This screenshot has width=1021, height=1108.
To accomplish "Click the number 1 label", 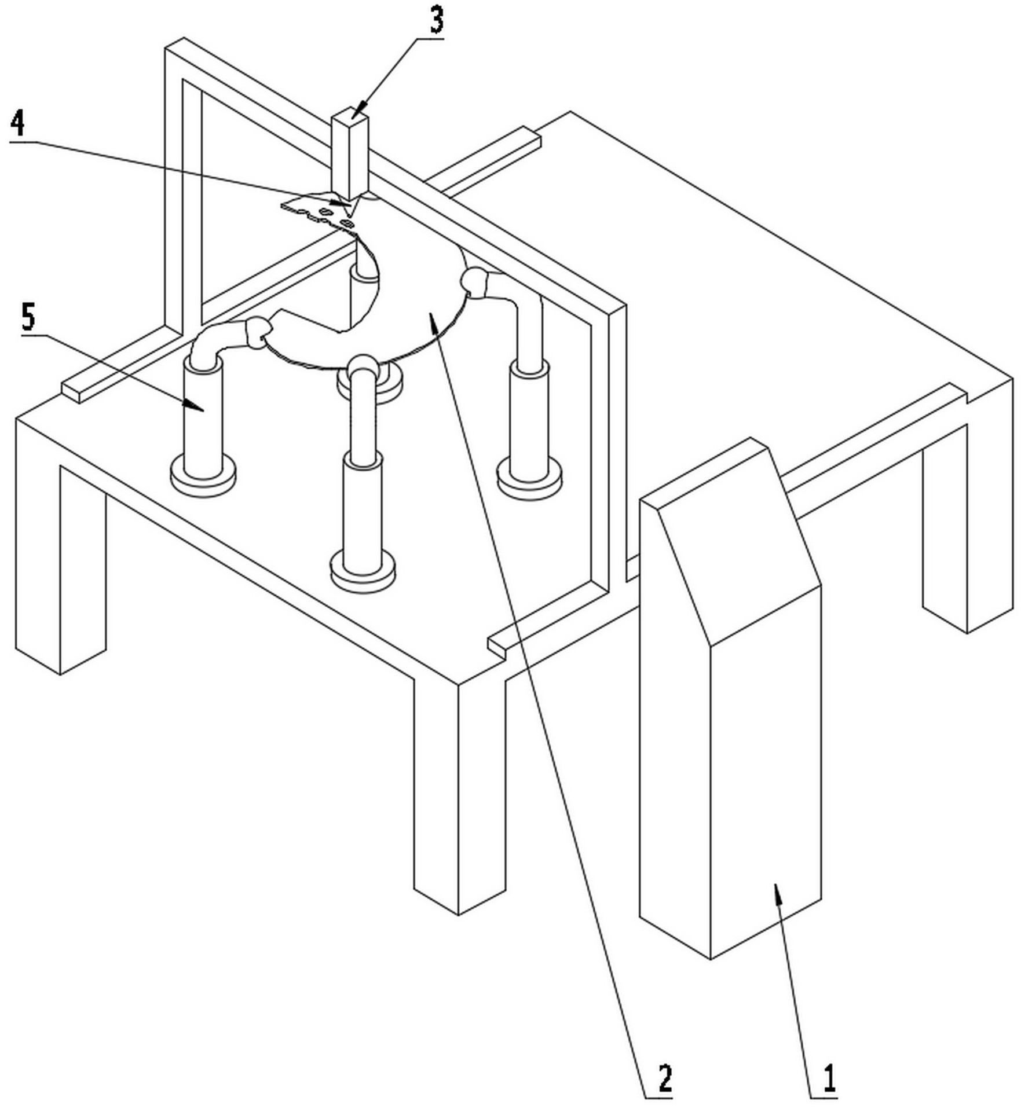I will pos(829,1077).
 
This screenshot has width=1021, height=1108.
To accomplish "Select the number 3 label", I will pos(436,20).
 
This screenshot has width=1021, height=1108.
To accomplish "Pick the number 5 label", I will pos(28,317).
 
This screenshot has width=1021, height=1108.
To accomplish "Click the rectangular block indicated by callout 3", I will pos(350,153).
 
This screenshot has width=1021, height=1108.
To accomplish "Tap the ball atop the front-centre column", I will pos(361,366).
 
